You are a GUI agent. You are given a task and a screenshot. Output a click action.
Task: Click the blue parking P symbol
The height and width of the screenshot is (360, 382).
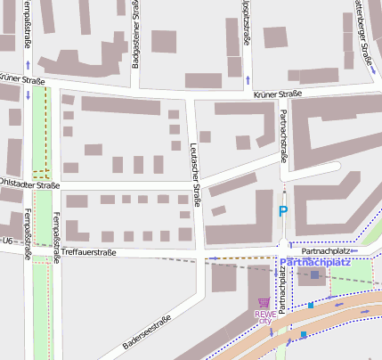[283, 211]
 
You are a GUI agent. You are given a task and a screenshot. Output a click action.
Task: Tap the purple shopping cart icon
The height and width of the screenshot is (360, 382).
[264, 303]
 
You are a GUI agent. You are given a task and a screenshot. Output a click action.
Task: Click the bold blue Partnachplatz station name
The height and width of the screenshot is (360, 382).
[314, 263]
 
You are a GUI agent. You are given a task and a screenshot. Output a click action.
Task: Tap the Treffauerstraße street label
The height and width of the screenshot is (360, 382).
[89, 252]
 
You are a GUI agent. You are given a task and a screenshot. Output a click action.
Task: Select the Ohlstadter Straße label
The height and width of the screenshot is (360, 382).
[29, 185]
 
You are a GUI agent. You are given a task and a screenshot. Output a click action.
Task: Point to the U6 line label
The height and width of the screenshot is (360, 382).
[7, 241]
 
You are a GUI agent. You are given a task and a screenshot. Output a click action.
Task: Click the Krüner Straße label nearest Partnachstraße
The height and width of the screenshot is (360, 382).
[277, 94]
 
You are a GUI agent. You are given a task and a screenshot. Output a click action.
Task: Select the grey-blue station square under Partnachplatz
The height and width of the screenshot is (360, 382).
[314, 275]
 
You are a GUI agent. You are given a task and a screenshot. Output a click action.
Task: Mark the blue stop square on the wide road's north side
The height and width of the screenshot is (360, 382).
[311, 306]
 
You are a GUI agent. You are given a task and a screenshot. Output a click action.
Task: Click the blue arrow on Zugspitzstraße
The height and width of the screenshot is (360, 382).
[248, 80]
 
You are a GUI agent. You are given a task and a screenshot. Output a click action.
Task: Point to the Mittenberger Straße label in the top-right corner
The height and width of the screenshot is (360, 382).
[363, 31]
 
